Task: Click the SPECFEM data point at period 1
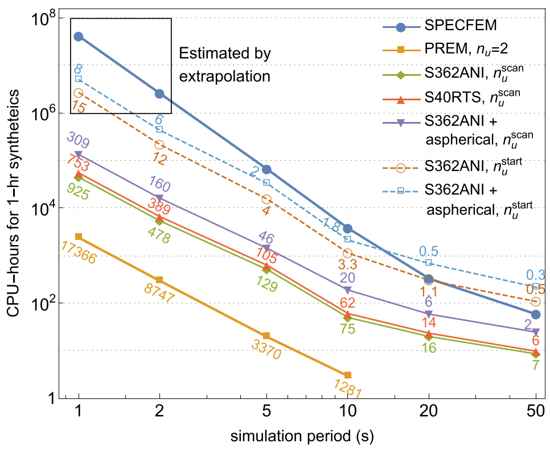79,36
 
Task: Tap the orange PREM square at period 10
348,374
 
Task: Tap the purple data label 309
79,139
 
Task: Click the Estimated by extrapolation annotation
224,64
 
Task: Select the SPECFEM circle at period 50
535,315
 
